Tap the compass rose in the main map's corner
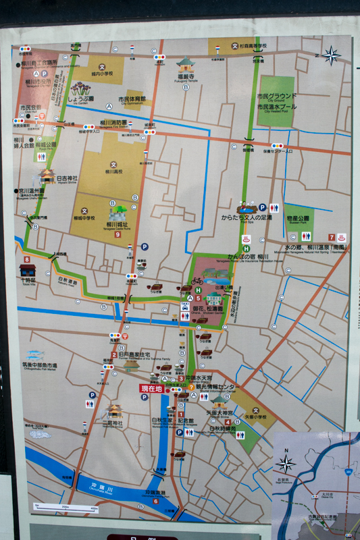click(x=332, y=55)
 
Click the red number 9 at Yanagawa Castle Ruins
click(x=118, y=234)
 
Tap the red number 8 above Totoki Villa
click(x=26, y=259)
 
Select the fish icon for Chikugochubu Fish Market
click(x=35, y=355)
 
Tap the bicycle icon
click(x=197, y=280)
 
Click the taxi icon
click(x=184, y=305)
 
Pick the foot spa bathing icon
click(x=247, y=238)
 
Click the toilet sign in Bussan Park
click(x=306, y=236)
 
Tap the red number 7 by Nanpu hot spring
click(x=332, y=237)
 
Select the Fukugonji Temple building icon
click(x=185, y=65)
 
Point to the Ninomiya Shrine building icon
click(x=113, y=410)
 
